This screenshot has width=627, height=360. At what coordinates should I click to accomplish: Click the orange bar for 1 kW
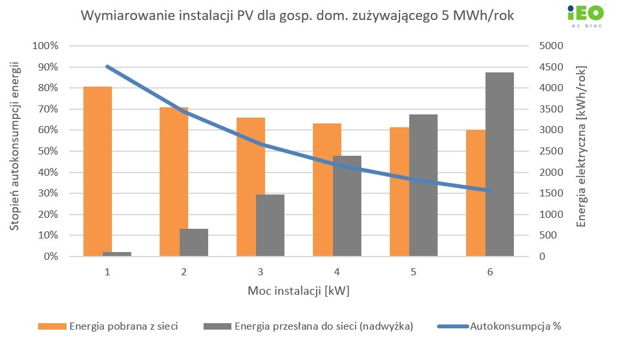point(98,171)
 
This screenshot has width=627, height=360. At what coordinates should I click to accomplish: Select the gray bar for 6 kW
point(500,164)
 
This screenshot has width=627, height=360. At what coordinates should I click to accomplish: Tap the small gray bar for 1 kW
point(116,254)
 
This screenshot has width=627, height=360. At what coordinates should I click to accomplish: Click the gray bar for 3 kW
point(270,225)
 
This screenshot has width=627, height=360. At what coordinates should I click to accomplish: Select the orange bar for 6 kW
point(476,193)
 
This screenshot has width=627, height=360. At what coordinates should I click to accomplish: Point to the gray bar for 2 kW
point(194,242)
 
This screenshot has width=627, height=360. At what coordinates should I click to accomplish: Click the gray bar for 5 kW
point(423,185)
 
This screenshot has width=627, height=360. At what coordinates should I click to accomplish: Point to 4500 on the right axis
point(551,67)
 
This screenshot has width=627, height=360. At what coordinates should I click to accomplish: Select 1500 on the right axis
point(551,193)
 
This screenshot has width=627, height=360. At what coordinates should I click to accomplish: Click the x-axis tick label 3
point(260,272)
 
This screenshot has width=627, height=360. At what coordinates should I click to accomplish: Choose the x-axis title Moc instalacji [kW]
point(298,291)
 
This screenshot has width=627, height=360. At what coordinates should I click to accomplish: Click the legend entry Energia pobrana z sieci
point(123,326)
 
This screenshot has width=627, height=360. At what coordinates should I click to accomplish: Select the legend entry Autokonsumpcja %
point(515,326)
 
